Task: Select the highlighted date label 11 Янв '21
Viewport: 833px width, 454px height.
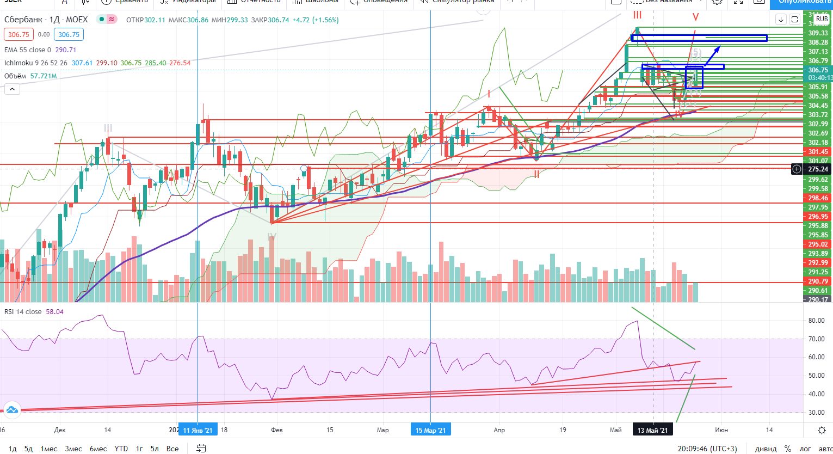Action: pyautogui.click(x=198, y=430)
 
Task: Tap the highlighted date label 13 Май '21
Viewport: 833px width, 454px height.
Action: pyautogui.click(x=653, y=430)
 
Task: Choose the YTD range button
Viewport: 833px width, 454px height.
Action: pyautogui.click(x=121, y=449)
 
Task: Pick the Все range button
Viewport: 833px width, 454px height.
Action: pyautogui.click(x=172, y=449)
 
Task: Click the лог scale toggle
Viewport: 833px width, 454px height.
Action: pyautogui.click(x=804, y=449)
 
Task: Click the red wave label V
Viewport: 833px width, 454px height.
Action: pyautogui.click(x=695, y=17)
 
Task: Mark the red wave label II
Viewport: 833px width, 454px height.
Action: pyautogui.click(x=536, y=174)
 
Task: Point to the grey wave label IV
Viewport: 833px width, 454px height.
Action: pyautogui.click(x=272, y=237)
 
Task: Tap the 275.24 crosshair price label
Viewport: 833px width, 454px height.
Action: pyautogui.click(x=817, y=169)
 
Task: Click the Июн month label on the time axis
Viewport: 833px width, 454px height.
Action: pyautogui.click(x=722, y=430)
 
